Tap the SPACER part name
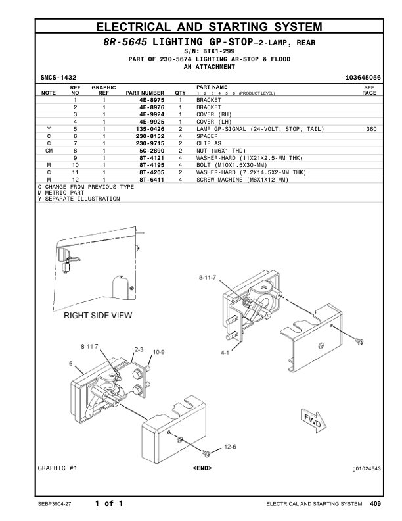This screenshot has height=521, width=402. point(209,136)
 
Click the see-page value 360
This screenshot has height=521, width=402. point(370,129)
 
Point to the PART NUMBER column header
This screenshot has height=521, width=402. point(145,93)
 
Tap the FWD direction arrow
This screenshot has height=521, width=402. point(311,420)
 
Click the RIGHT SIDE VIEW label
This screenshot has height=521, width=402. point(98,316)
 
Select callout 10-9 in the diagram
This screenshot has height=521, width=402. point(158,353)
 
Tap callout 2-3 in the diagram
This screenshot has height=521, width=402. point(139,349)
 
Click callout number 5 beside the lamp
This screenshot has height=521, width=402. point(71,363)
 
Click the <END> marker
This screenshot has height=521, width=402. point(202,468)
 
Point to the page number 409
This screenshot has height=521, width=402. point(374,504)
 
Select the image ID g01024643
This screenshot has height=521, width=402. point(367,468)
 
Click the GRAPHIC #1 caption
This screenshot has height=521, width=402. point(58,468)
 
